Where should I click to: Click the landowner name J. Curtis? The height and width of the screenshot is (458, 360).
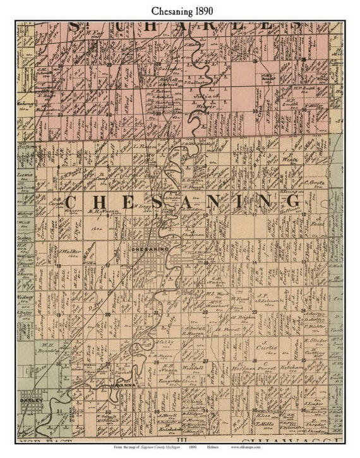click(x=267, y=346)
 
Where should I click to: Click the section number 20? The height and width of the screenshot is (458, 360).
click(x=107, y=314)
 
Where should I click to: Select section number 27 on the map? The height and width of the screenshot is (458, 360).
click(x=206, y=361)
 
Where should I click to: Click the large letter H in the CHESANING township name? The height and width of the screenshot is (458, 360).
click(x=99, y=202)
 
